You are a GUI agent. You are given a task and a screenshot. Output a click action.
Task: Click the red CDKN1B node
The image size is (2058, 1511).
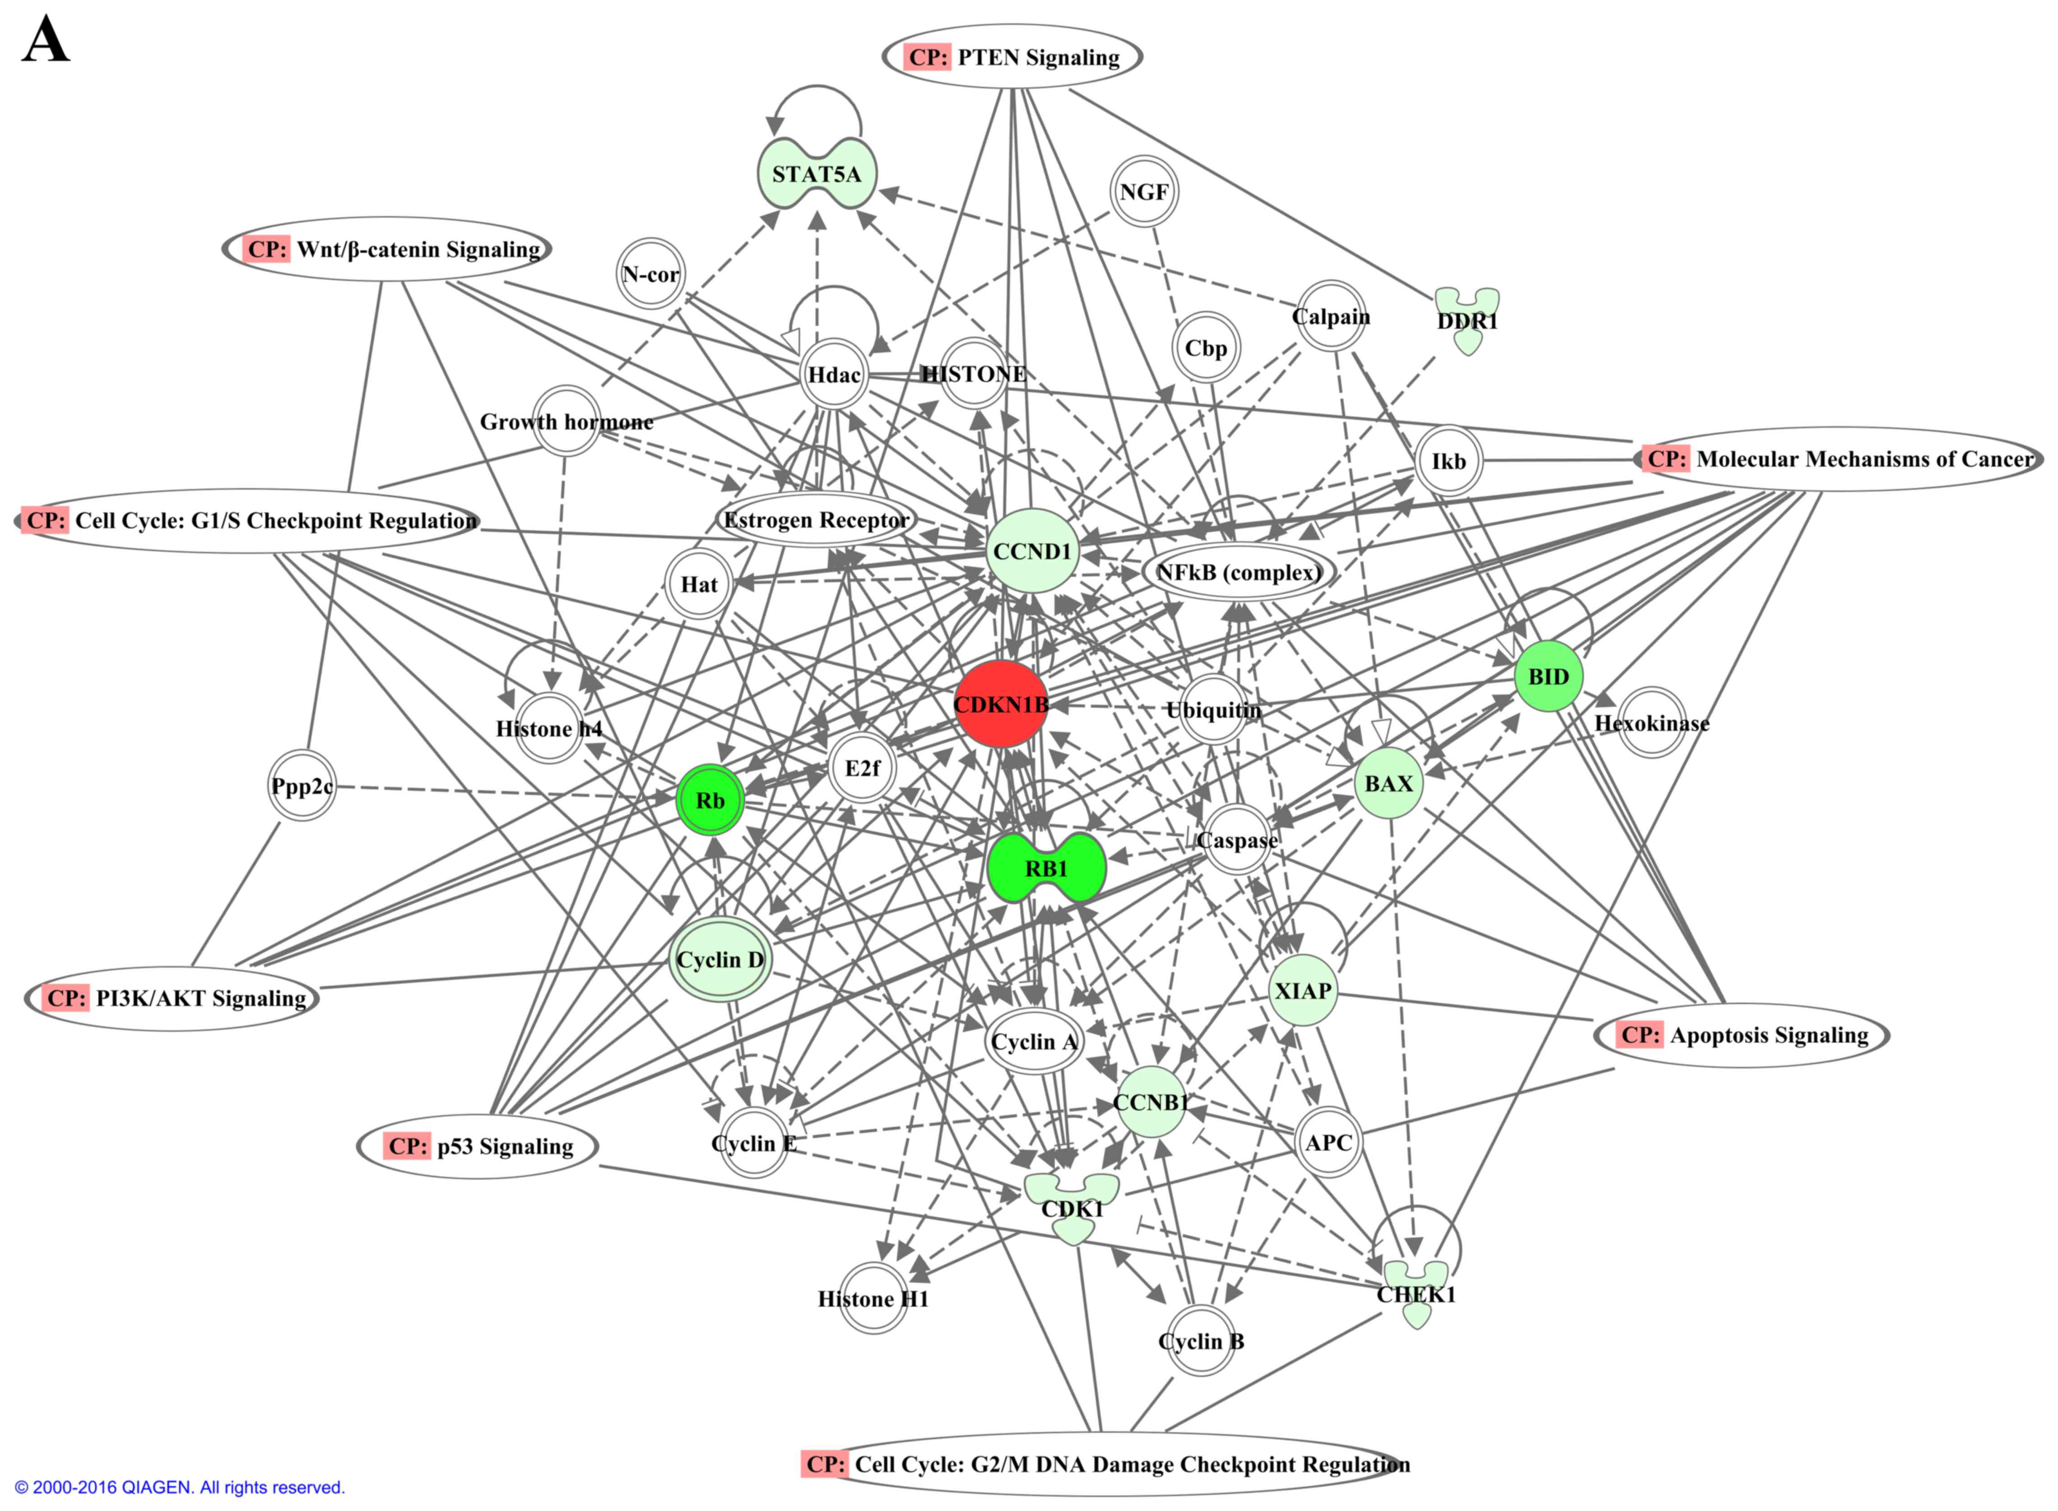1001,705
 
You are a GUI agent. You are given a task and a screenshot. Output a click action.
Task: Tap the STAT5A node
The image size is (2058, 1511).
816,174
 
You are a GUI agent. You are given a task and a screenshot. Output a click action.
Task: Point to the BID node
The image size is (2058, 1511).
1548,677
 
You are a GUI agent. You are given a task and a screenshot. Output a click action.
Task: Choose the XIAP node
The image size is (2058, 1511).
1302,991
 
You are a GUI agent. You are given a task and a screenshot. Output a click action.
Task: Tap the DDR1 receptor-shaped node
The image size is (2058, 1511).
1467,320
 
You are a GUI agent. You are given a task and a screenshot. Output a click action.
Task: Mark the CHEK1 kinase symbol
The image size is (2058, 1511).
1416,1293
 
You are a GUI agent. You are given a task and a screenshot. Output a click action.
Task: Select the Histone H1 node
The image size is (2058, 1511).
872,1298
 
